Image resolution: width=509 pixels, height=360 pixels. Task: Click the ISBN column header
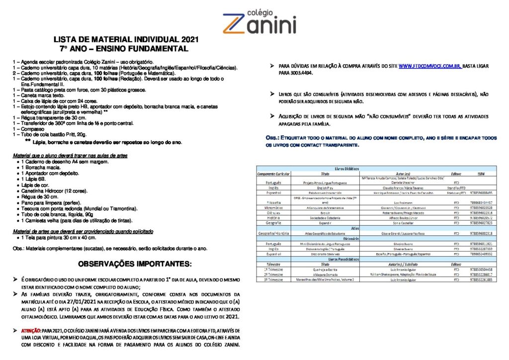[480, 174]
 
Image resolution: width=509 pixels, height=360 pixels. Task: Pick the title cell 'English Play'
[326, 188]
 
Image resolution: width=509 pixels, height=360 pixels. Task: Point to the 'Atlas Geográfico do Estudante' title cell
[326, 233]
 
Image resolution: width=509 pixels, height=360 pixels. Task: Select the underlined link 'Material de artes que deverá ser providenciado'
[83, 232]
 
